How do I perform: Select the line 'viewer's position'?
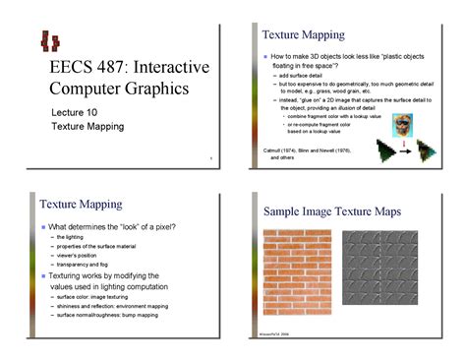[x=82, y=256]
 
